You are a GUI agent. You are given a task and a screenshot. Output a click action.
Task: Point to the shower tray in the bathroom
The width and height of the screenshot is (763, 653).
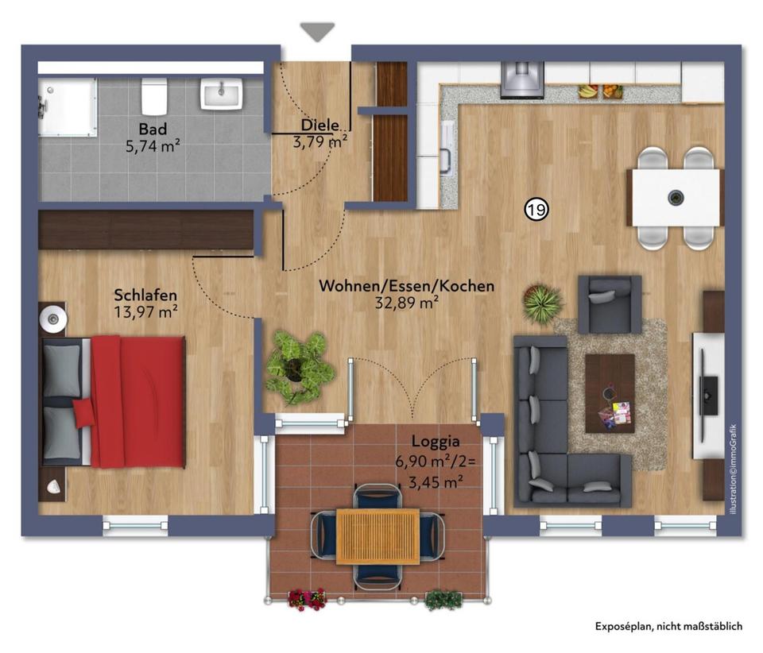(x=68, y=106)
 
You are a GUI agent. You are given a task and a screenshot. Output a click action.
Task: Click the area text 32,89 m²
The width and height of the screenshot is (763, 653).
(x=406, y=302)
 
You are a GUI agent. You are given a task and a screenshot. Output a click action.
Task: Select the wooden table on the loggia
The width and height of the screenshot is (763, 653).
(x=378, y=536)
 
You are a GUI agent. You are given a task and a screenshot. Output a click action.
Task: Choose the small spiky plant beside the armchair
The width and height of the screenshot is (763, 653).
(x=543, y=303)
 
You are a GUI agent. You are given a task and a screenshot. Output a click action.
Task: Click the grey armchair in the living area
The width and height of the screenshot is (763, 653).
(x=609, y=303)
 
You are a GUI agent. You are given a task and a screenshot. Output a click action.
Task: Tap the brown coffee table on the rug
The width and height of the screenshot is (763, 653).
(x=610, y=393)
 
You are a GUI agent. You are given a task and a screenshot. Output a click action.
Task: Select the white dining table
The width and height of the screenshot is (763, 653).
(x=676, y=197)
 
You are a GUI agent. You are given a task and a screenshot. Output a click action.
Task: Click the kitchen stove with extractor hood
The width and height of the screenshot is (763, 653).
(x=521, y=79)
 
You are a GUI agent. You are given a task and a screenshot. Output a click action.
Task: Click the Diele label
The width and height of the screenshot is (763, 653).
(x=320, y=125)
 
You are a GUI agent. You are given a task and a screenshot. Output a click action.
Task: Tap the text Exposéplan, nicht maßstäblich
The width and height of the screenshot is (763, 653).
(x=668, y=626)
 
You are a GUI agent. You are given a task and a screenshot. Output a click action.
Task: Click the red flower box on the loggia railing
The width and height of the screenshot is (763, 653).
(x=307, y=598)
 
